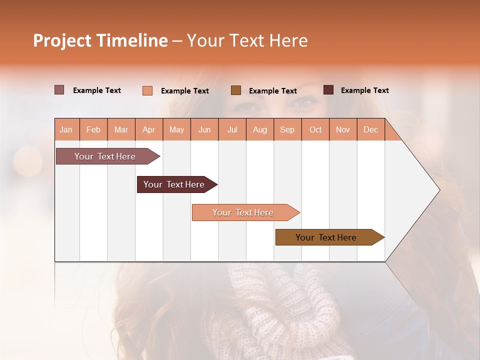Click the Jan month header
[66, 130]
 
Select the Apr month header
[149, 130]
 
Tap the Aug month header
[260, 130]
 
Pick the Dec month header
[371, 130]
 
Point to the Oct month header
[315, 130]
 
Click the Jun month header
[204, 130]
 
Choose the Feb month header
[93, 130]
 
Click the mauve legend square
[59, 90]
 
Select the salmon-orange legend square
[147, 90]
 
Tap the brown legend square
[235, 90]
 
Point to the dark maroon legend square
[328, 90]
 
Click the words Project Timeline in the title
[100, 40]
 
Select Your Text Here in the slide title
[247, 40]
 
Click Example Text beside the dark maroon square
[364, 90]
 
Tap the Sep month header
[287, 130]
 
